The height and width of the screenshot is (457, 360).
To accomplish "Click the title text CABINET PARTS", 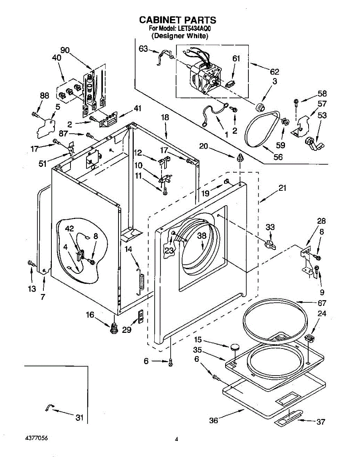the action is [178, 20].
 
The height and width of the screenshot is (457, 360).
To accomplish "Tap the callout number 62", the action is [274, 72].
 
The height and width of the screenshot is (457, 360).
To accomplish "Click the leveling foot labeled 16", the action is [114, 328].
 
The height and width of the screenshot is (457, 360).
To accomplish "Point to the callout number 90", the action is [65, 50].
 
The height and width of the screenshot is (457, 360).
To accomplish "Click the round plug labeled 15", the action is [234, 347].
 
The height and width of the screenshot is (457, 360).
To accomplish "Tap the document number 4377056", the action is [37, 438].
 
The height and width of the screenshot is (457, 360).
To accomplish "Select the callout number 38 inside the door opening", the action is [202, 235].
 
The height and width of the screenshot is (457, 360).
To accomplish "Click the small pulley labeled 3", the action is [260, 107].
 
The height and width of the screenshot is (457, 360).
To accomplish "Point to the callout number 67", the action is [322, 303].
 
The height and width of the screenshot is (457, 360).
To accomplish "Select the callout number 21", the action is [282, 188].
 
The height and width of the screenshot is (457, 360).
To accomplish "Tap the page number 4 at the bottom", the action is [176, 439].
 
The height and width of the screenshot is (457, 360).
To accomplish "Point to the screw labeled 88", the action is [36, 115].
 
